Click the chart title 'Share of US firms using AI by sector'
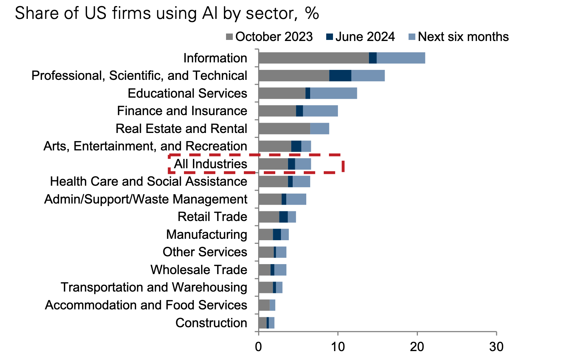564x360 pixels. pos(166,14)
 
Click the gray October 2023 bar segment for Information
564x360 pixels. pos(313,58)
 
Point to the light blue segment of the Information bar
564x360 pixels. pos(401,58)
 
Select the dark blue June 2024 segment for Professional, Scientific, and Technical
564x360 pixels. pos(340,76)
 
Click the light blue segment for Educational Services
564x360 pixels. pos(333,93)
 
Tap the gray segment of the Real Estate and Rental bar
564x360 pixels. pos(284,128)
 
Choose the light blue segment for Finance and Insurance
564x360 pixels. pos(320,111)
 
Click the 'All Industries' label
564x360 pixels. pos(210,164)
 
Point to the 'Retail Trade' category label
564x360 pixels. pos(212,217)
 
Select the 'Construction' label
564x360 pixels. pos(211,323)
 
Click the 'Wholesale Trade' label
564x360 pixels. pos(199,270)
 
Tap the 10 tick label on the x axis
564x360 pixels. pos(338,346)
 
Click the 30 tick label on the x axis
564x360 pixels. pos(496,346)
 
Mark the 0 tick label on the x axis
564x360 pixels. pos(258,346)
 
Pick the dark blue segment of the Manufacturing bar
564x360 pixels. pos(277,235)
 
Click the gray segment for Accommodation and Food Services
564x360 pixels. pos(264,305)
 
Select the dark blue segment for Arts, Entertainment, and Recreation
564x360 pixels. pos(296,146)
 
